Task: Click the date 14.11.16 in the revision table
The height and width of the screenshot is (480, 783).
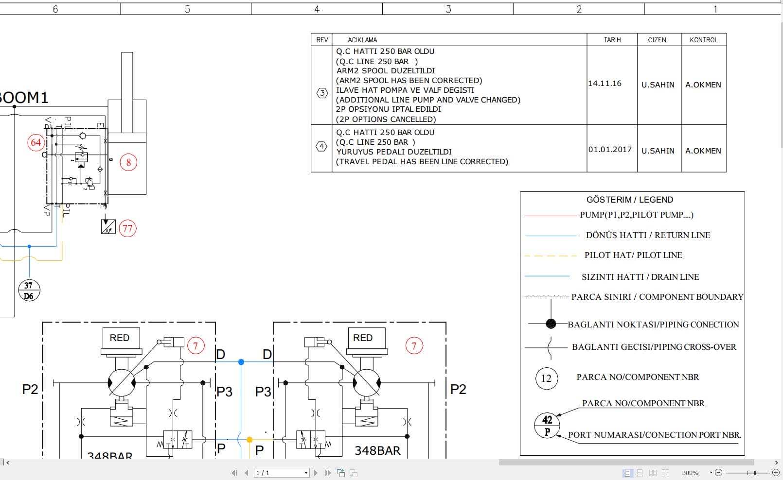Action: coord(605,84)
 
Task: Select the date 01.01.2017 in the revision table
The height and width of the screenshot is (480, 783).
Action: coord(610,150)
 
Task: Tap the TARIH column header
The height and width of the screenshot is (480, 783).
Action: coord(612,40)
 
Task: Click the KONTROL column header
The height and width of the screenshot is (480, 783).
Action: coord(703,40)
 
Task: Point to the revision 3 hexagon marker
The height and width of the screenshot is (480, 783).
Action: coord(322,93)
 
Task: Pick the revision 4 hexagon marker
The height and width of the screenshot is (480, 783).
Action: coord(321,146)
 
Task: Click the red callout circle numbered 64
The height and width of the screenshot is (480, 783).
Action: coord(36,143)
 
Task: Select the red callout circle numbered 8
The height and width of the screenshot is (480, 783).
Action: coord(128,163)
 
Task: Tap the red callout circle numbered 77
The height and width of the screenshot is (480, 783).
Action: coord(127,228)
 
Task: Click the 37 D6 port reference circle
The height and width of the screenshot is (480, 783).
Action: coord(29,291)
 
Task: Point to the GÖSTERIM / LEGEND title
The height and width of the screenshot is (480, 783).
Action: coord(630,200)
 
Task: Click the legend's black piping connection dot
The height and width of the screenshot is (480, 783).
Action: coord(551,324)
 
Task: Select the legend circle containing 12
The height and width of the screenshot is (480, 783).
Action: coord(546,378)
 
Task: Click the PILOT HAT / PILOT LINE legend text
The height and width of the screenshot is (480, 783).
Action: coord(633,255)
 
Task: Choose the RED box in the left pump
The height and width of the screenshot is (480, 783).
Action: coord(120,338)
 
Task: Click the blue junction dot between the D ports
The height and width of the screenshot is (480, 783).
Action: coord(241,362)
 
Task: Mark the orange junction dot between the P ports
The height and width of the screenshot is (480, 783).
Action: coord(249,440)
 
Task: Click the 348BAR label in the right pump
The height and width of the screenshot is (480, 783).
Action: coord(377,451)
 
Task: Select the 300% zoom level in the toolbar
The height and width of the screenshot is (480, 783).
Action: coord(690,473)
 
